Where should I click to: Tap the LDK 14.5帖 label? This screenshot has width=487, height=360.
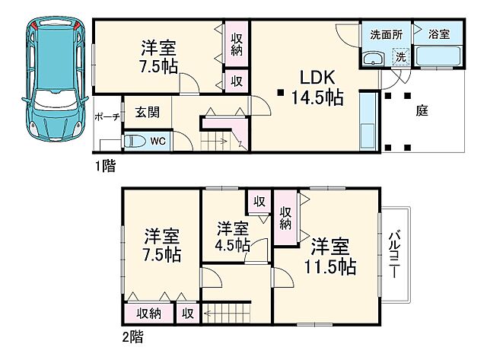tap(313, 88)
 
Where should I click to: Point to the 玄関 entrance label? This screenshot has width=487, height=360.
tap(147, 113)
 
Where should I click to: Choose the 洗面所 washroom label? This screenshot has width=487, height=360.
tap(386, 35)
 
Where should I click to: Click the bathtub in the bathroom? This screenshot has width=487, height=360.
tap(439, 57)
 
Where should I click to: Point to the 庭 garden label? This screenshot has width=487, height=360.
tap(422, 111)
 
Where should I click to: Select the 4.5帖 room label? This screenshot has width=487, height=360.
tap(233, 236)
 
